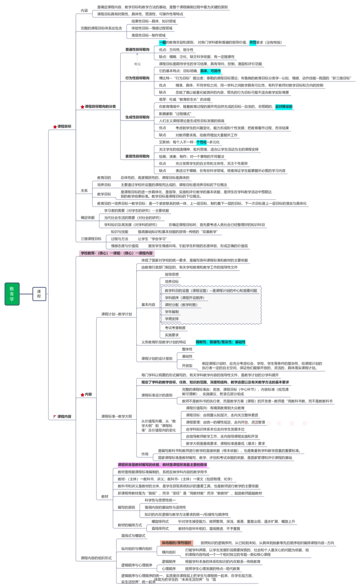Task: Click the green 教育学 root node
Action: [x=12, y=294]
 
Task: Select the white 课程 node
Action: [x=39, y=294]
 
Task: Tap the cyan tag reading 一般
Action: [x=162, y=43]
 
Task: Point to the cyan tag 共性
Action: [x=252, y=43]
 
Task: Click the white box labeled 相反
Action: [x=138, y=64]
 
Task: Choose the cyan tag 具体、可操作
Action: [x=211, y=71]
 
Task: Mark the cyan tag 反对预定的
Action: [x=284, y=107]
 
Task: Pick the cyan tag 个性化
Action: [x=201, y=142]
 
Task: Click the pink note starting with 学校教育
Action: [x=117, y=253]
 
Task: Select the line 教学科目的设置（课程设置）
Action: [x=211, y=291]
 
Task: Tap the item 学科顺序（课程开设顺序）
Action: [x=184, y=298]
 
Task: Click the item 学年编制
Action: [x=172, y=312]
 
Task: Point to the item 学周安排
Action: [x=172, y=319]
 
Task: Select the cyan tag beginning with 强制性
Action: [x=220, y=342]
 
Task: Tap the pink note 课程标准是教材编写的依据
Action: [x=162, y=464]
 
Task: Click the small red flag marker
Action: [x=55, y=416]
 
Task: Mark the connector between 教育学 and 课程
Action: [x=26, y=294]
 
